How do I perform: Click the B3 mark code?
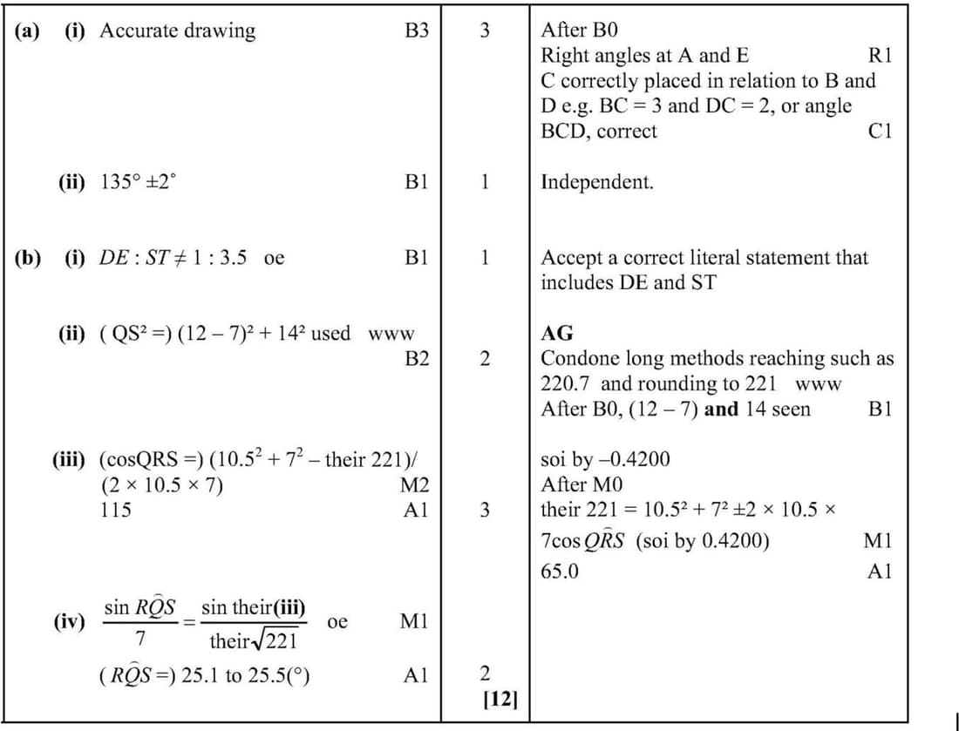417,31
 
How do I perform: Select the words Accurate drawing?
178,31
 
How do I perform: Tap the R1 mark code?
881,56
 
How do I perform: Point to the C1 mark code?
881,132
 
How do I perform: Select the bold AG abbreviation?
557,333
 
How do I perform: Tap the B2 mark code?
417,358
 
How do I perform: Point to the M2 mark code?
416,485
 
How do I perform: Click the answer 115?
117,511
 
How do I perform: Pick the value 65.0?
560,572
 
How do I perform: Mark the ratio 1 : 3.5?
218,258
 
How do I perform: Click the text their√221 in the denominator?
254,642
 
